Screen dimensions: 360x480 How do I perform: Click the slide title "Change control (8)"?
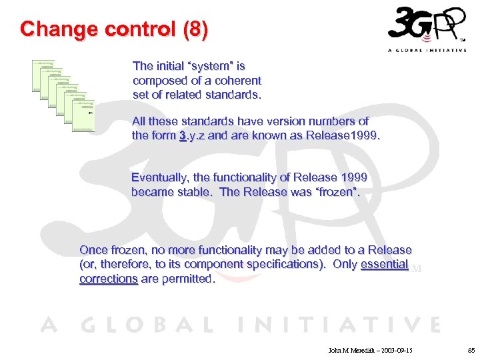click(x=114, y=30)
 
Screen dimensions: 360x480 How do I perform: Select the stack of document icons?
click(x=63, y=92)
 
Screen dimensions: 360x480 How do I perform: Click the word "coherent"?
click(x=238, y=81)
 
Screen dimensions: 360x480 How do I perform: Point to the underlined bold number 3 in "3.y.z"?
click(x=182, y=135)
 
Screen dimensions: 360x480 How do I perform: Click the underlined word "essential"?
click(x=384, y=264)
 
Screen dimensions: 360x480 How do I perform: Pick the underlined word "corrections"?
click(x=108, y=279)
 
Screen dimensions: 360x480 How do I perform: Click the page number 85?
click(x=471, y=349)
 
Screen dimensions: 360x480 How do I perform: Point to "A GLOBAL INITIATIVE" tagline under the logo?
click(x=427, y=51)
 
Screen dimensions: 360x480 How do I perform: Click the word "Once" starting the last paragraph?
click(x=93, y=250)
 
